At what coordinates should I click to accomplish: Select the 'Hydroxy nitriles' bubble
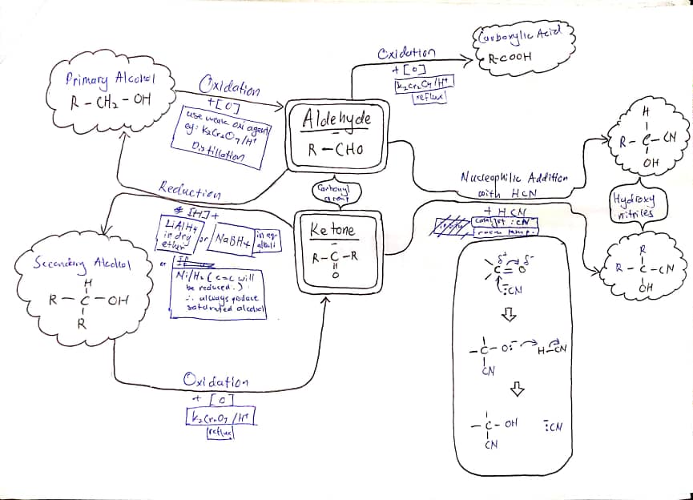(x=633, y=207)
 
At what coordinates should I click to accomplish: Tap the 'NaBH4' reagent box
(x=229, y=241)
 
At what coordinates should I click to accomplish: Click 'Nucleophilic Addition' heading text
(x=514, y=177)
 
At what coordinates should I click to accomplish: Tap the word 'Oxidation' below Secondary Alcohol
(x=216, y=381)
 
